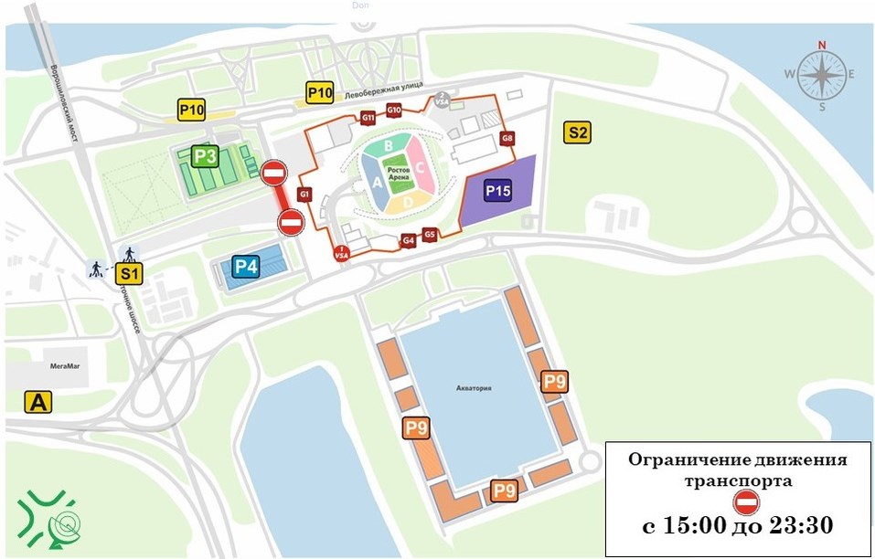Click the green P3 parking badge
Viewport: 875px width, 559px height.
[206, 157]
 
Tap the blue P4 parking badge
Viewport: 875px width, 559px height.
[246, 268]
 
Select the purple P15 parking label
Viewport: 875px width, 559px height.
[497, 192]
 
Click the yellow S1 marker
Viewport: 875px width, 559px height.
[130, 272]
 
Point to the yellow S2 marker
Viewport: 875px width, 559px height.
[578, 133]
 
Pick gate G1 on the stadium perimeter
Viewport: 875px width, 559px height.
[304, 195]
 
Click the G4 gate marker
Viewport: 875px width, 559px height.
[409, 240]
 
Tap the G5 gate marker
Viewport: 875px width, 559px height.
[429, 235]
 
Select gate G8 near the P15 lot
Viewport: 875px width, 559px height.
[507, 139]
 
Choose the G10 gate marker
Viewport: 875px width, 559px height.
[394, 111]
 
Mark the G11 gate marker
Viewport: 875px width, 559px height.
[368, 118]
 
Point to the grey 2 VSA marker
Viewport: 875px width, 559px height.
[442, 100]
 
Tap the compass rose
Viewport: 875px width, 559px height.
[821, 75]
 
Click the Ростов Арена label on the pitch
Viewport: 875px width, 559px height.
[397, 174]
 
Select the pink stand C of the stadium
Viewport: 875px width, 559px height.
[419, 167]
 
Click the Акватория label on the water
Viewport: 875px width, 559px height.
[474, 388]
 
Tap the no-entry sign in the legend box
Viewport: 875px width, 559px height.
[746, 502]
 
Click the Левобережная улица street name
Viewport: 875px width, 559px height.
[384, 89]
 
